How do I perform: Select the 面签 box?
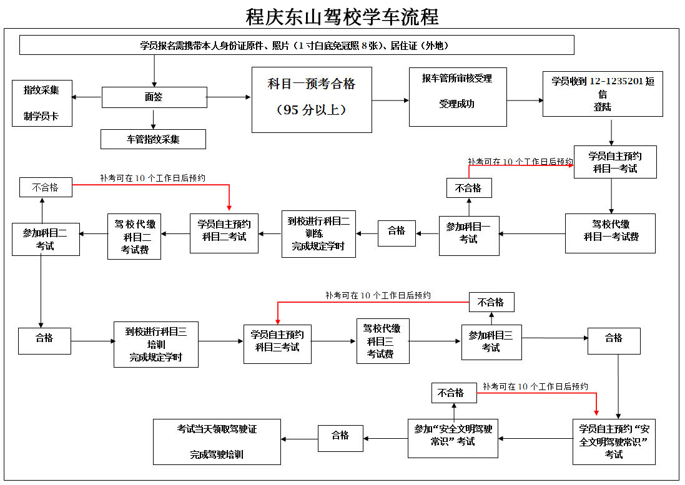pyautogui.click(x=154, y=97)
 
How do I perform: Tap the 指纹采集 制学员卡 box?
pyautogui.click(x=42, y=103)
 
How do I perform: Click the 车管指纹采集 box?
pyautogui.click(x=153, y=139)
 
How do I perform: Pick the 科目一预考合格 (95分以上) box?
pyautogui.click(x=312, y=99)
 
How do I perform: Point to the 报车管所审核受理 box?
pyautogui.click(x=457, y=97)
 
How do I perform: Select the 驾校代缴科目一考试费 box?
pyautogui.click(x=610, y=233)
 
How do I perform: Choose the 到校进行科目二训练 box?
pyautogui.click(x=318, y=233)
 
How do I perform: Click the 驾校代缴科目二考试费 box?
pyautogui.click(x=135, y=237)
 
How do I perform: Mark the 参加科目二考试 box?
pyautogui.click(x=46, y=239)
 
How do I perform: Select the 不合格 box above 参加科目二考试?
pyautogui.click(x=46, y=187)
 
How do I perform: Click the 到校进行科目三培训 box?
pyautogui.click(x=156, y=344)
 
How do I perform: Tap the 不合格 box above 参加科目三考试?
pyautogui.click(x=491, y=302)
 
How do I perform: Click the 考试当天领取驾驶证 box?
pyautogui.click(x=217, y=442)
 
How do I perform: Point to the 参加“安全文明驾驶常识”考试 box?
pyautogui.click(x=453, y=438)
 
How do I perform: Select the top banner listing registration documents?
pyautogui.click(x=297, y=46)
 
